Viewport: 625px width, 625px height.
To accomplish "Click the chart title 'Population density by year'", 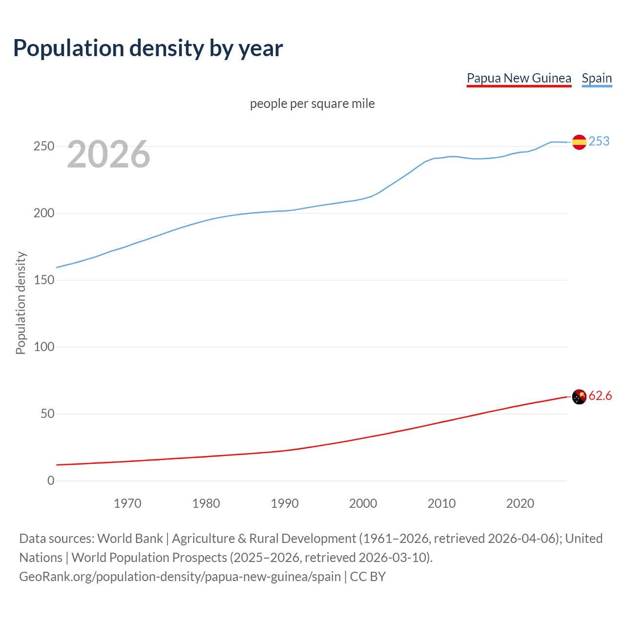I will tap(148, 48).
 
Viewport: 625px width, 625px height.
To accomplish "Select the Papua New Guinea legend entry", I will tap(519, 78).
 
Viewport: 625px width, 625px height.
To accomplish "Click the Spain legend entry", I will tap(597, 78).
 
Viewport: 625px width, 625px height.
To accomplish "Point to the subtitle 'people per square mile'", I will tap(312, 104).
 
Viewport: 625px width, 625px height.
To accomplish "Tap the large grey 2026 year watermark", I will tap(108, 154).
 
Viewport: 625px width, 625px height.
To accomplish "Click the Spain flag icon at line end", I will tap(579, 142).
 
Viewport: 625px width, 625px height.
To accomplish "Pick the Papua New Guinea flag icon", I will tap(579, 397).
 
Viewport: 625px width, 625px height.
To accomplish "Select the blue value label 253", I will tap(599, 141).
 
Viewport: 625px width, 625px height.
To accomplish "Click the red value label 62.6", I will tap(600, 396).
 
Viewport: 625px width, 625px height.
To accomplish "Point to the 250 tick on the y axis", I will tap(44, 146).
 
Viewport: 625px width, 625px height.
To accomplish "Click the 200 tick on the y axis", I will tap(44, 213).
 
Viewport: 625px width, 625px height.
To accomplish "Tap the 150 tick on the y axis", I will tap(44, 280).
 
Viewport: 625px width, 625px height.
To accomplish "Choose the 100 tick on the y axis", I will tap(44, 347).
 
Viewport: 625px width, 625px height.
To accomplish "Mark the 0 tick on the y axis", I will tap(51, 481).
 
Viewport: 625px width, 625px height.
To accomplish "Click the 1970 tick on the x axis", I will tap(127, 503).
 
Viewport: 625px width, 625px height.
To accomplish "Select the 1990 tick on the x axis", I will tap(285, 503).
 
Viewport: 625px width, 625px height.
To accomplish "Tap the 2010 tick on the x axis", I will tap(441, 503).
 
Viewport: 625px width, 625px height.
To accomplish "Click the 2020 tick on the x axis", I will tap(520, 503).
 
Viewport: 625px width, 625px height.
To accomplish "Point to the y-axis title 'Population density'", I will tap(21, 303).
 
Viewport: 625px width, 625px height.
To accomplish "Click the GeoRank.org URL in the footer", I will tap(180, 577).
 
